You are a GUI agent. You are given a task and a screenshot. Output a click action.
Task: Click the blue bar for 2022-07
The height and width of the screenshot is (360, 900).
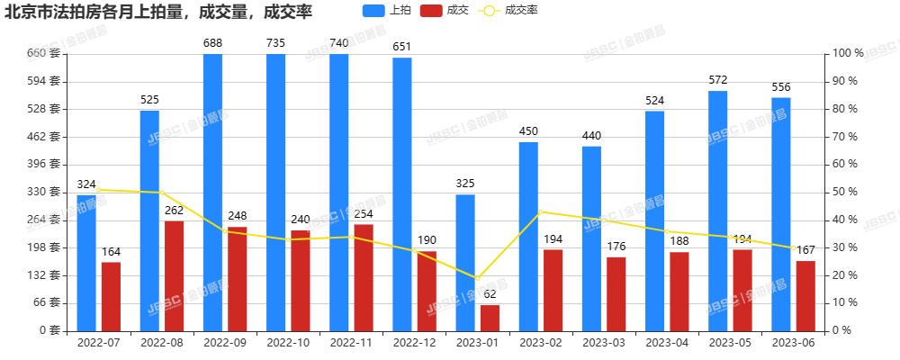point(86,262)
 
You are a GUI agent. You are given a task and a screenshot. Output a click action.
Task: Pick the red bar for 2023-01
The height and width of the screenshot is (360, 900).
point(490,318)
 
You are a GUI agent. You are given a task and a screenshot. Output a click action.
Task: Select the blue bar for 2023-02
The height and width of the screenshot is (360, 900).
point(528,236)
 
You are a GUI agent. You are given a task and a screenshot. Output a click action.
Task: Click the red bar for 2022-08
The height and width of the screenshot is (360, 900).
point(174,275)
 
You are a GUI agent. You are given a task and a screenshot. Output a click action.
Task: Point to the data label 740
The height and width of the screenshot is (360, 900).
point(339,42)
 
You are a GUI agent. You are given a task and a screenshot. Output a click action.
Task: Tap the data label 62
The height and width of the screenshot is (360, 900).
point(490,294)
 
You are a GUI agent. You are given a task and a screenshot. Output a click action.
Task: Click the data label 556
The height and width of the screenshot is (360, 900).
point(781,86)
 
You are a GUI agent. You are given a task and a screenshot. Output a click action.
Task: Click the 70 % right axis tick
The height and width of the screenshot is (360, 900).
point(846,136)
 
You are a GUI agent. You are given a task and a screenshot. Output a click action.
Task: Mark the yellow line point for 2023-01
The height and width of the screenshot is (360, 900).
point(478,279)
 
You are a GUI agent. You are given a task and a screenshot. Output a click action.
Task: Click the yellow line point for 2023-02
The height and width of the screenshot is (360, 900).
point(540,211)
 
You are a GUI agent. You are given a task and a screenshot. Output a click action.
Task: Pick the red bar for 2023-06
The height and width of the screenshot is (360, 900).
point(805,295)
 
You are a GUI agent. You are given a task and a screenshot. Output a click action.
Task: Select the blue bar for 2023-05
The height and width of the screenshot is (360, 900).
point(717,211)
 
